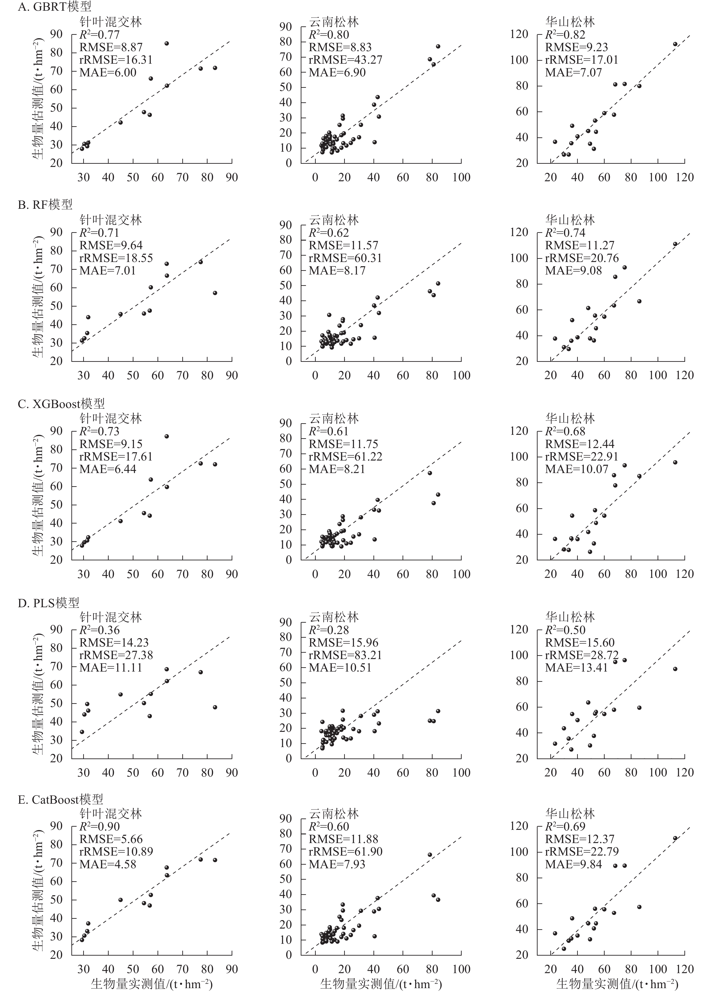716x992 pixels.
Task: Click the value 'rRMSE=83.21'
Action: (345, 655)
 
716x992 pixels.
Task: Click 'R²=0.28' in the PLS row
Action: (329, 630)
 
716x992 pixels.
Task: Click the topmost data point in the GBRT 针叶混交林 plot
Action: (167, 43)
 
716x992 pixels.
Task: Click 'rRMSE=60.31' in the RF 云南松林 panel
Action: (345, 258)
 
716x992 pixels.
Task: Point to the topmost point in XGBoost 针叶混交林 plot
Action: (167, 436)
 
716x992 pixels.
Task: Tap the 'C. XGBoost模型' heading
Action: (61, 403)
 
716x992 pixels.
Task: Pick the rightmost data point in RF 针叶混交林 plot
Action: (215, 293)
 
